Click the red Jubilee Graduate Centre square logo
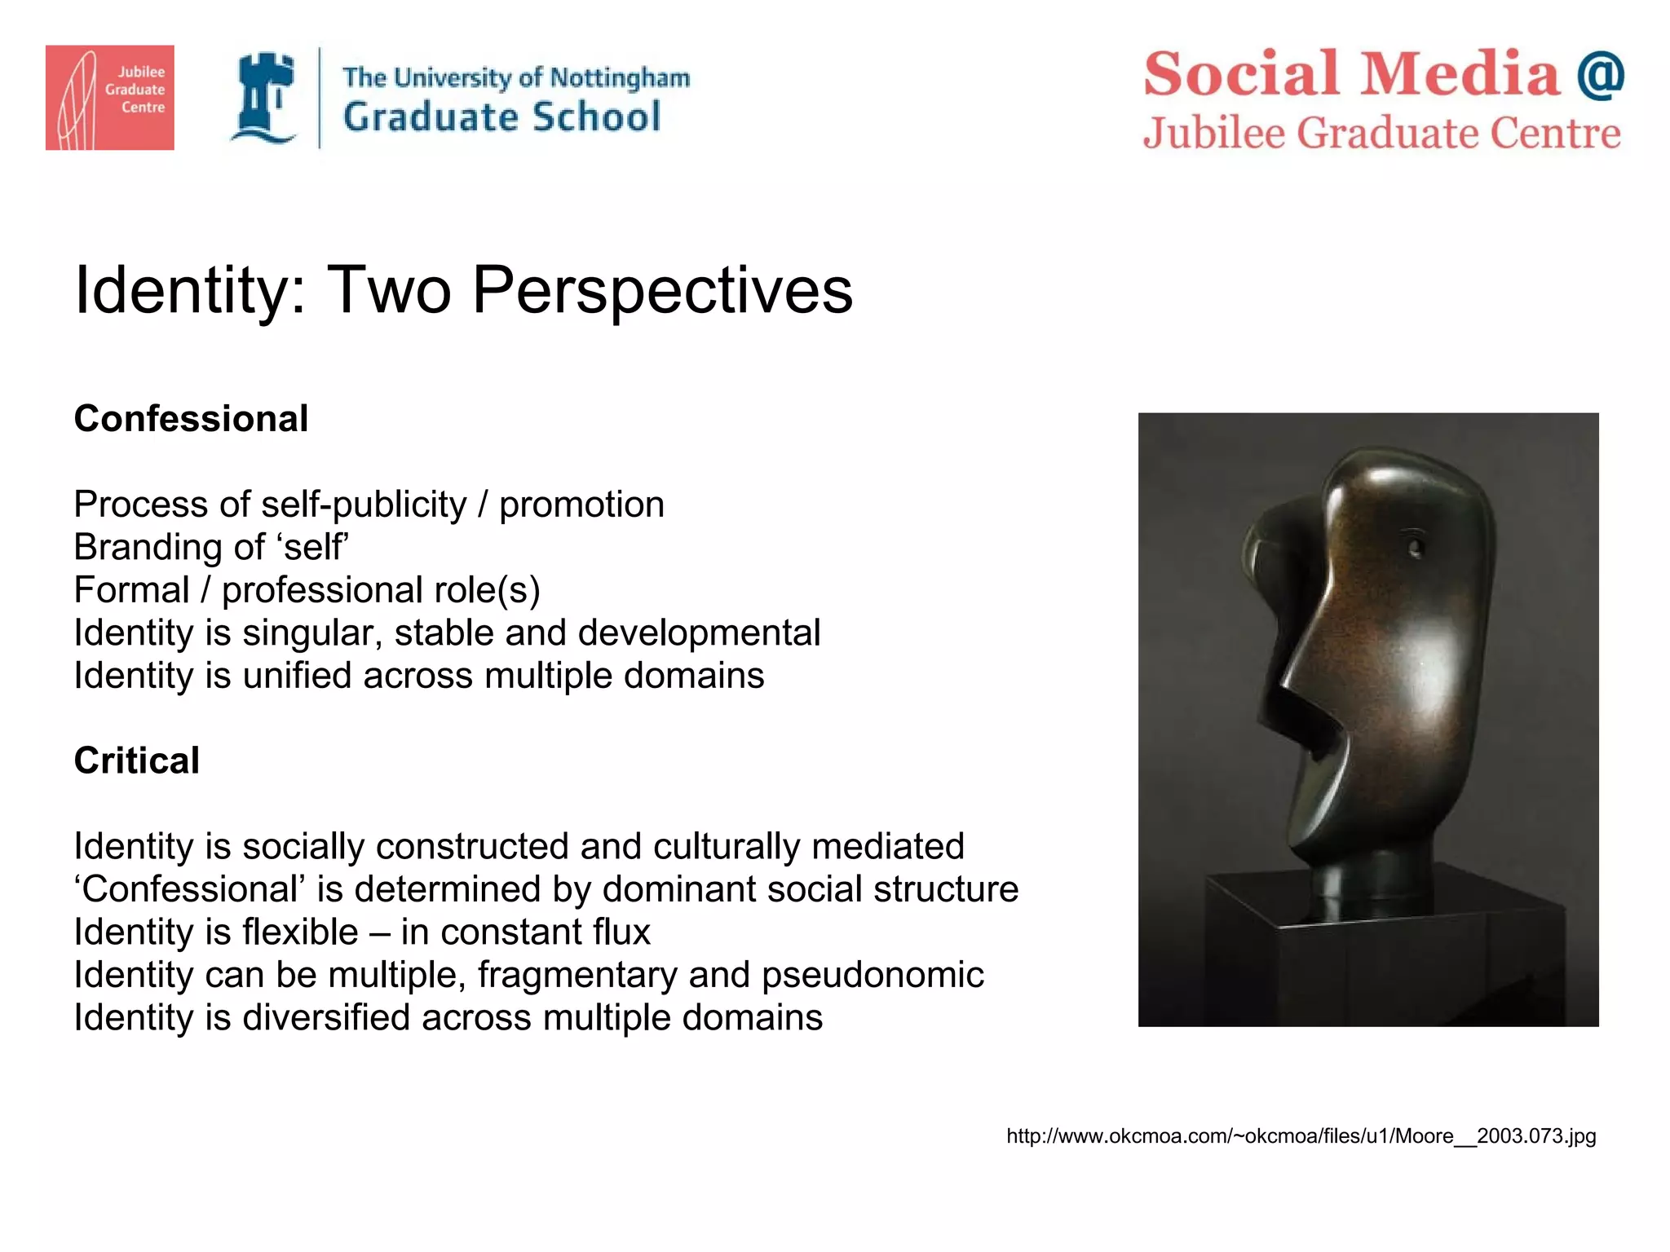(x=109, y=97)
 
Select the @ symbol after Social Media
(x=1600, y=74)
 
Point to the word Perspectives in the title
(x=662, y=289)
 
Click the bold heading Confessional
(x=191, y=419)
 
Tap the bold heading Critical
(x=136, y=760)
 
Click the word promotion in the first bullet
(x=581, y=505)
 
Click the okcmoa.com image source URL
(x=1301, y=1136)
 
